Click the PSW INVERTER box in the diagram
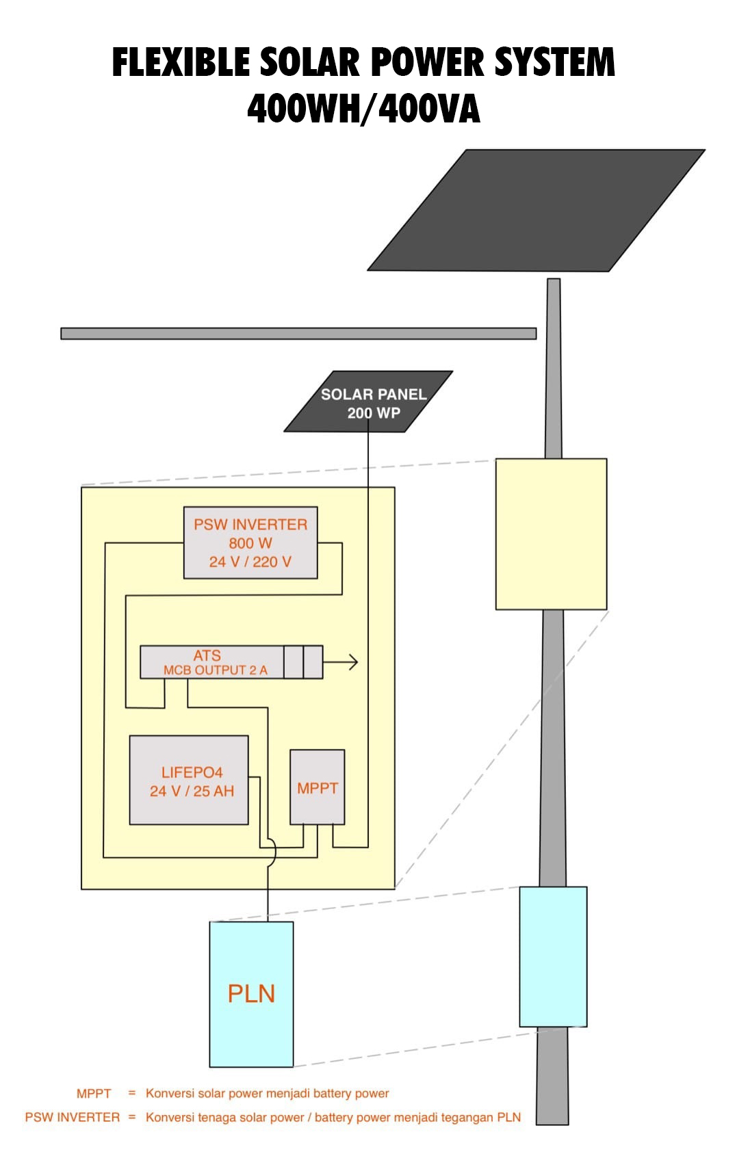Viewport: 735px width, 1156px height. click(250, 542)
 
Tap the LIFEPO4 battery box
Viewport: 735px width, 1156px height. click(189, 780)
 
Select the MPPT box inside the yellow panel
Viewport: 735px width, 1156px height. click(317, 787)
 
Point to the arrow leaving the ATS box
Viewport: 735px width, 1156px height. click(342, 662)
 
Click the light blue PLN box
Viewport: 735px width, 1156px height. click(251, 993)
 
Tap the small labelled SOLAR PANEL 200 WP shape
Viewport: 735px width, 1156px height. click(368, 402)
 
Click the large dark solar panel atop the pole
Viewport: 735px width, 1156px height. click(537, 210)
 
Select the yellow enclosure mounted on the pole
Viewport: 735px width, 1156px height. click(551, 534)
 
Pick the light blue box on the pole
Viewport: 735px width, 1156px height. click(553, 956)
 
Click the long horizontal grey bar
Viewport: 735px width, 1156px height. click(298, 333)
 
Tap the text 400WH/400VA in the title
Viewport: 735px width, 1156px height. click(363, 109)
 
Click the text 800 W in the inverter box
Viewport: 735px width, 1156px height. click(250, 543)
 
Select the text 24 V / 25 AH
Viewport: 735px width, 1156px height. click(192, 791)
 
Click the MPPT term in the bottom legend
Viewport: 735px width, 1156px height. click(94, 1093)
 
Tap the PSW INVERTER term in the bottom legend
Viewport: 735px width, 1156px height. click(73, 1117)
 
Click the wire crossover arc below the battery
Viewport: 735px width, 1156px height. click(272, 852)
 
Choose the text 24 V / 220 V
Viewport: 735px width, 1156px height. click(250, 562)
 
